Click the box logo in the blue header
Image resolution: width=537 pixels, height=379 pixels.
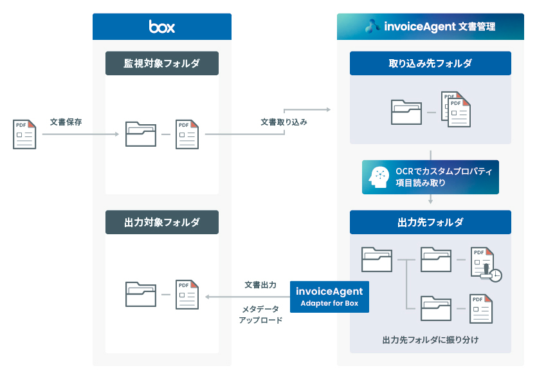tap(161, 26)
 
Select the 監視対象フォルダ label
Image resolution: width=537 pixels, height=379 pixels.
tap(162, 63)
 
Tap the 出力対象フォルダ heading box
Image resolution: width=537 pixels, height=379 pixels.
tap(162, 222)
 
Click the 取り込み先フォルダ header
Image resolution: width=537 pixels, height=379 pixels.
tap(430, 63)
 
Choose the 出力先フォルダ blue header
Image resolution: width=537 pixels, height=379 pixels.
tap(430, 222)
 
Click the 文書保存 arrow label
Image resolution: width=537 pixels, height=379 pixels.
tap(66, 122)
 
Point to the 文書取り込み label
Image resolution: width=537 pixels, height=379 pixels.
tap(284, 122)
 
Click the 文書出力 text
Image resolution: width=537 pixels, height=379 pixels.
tap(260, 284)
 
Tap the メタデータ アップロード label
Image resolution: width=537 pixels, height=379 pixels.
tap(260, 314)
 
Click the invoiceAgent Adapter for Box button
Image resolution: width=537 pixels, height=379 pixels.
tap(330, 296)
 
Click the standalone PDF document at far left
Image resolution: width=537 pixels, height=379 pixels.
tap(24, 134)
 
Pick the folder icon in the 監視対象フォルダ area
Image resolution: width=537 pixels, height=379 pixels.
tap(141, 134)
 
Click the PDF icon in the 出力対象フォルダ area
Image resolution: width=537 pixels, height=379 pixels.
tap(187, 294)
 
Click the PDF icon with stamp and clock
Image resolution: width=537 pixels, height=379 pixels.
tap(484, 263)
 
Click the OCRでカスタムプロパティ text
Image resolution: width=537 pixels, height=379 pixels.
tap(444, 171)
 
